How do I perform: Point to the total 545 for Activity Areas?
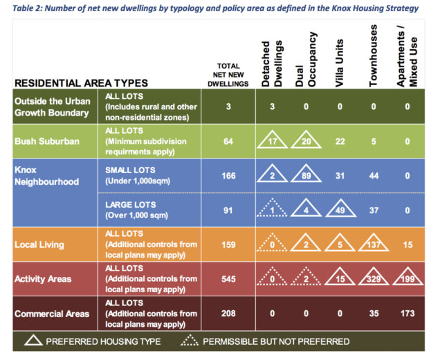coord(228,279)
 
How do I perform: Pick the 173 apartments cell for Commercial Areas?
coord(407,314)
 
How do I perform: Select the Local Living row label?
coord(39,245)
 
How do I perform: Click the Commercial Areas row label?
coord(52,314)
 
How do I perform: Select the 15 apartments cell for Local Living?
coord(407,245)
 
